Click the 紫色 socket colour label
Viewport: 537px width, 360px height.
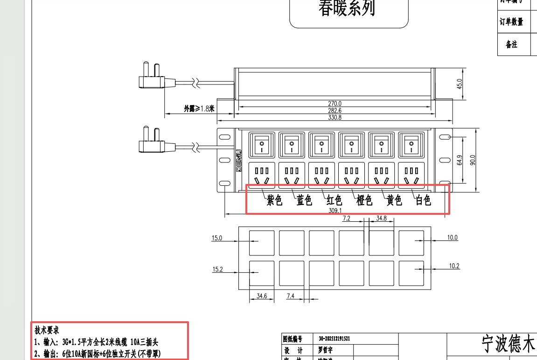point(274,201)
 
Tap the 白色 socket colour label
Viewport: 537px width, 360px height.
point(423,201)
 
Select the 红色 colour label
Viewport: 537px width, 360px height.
point(334,201)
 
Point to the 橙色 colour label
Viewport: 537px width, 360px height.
point(364,201)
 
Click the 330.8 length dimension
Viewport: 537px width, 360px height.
point(335,118)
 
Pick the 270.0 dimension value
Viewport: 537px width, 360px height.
point(335,104)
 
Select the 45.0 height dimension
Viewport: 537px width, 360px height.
point(459,84)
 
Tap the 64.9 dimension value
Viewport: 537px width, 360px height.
point(459,160)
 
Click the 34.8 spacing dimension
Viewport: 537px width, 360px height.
point(381,218)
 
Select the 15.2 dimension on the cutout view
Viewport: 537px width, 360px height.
point(217,269)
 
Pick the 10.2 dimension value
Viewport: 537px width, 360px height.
point(454,266)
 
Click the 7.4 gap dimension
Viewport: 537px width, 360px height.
point(290,296)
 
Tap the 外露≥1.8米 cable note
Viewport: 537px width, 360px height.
point(199,108)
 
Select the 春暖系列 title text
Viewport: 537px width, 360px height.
point(347,8)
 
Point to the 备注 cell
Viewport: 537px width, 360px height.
point(511,44)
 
